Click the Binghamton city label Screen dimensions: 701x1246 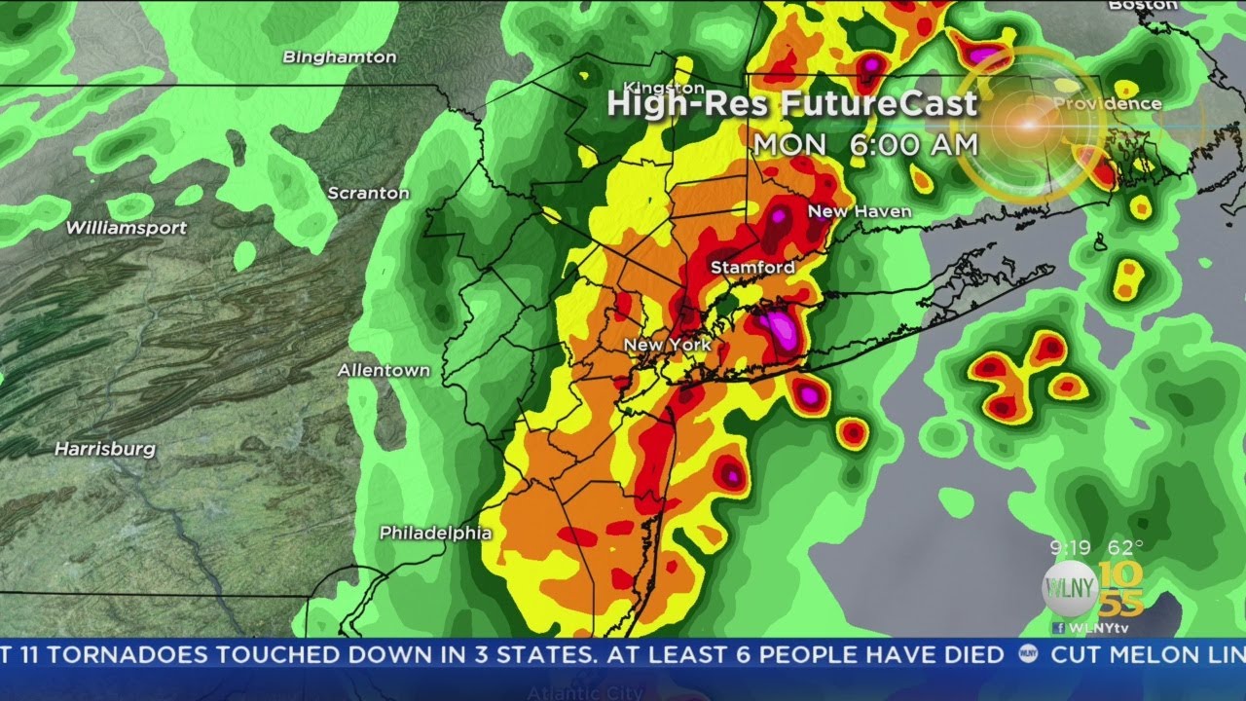pyautogui.click(x=340, y=57)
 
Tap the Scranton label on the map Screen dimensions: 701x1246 pyautogui.click(x=368, y=193)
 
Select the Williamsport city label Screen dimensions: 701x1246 pyautogui.click(x=127, y=228)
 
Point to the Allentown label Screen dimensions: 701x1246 pyautogui.click(x=384, y=371)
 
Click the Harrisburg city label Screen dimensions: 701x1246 pyautogui.click(x=104, y=449)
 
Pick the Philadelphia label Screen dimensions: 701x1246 pyautogui.click(x=435, y=533)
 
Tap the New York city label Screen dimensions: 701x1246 pyautogui.click(x=667, y=345)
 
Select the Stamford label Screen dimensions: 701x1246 pyautogui.click(x=751, y=267)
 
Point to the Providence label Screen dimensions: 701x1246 pyautogui.click(x=1108, y=103)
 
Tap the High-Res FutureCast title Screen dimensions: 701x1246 pyautogui.click(x=792, y=104)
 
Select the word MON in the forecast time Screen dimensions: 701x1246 pyautogui.click(x=789, y=144)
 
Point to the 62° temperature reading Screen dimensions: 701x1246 pyautogui.click(x=1125, y=547)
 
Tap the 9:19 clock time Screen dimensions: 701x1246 pyautogui.click(x=1070, y=547)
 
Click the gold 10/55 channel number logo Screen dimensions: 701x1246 pyautogui.click(x=1121, y=590)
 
